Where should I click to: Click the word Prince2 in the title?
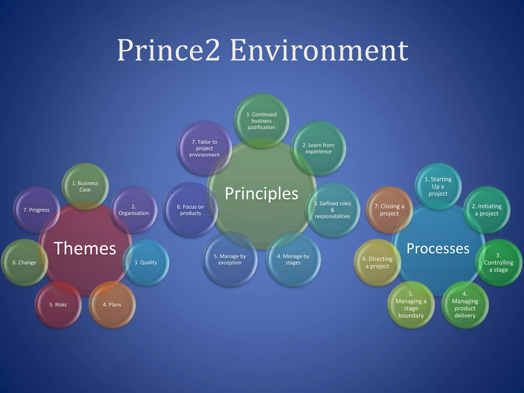(x=168, y=50)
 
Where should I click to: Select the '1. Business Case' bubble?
(x=85, y=187)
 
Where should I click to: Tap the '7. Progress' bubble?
(x=36, y=210)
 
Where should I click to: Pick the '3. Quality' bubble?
(x=146, y=263)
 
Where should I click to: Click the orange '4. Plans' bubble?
(x=112, y=305)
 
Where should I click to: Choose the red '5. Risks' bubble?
(x=58, y=305)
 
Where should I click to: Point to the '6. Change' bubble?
(x=24, y=263)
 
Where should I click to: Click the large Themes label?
(x=85, y=248)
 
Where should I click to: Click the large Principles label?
(x=261, y=193)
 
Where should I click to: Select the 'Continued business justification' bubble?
(x=261, y=121)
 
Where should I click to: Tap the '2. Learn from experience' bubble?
(x=319, y=148)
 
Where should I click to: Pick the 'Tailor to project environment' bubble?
(x=204, y=148)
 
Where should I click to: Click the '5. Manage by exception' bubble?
(x=230, y=259)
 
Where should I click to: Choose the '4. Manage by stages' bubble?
(x=293, y=259)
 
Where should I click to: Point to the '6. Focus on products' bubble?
(x=190, y=210)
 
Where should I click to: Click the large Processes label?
(x=438, y=248)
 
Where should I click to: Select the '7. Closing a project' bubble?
(x=389, y=210)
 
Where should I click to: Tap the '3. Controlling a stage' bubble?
(x=499, y=263)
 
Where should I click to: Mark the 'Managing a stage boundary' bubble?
(x=411, y=305)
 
